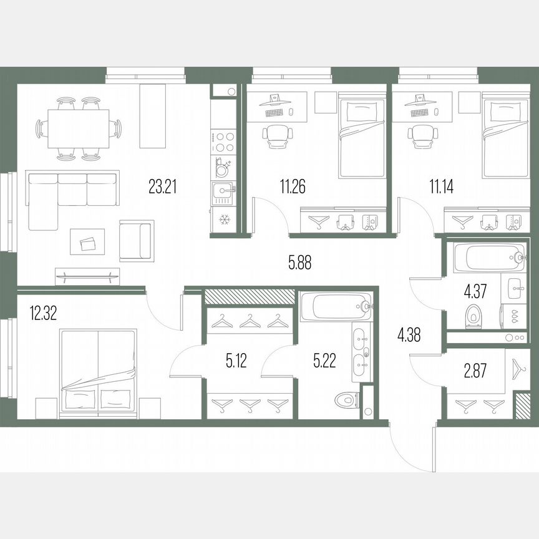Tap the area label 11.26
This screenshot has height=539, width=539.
point(292,187)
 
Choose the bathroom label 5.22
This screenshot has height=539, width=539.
point(323,361)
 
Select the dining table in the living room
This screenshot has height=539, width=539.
point(79,127)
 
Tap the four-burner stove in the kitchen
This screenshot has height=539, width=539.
point(223,141)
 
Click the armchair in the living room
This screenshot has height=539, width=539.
point(136,240)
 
